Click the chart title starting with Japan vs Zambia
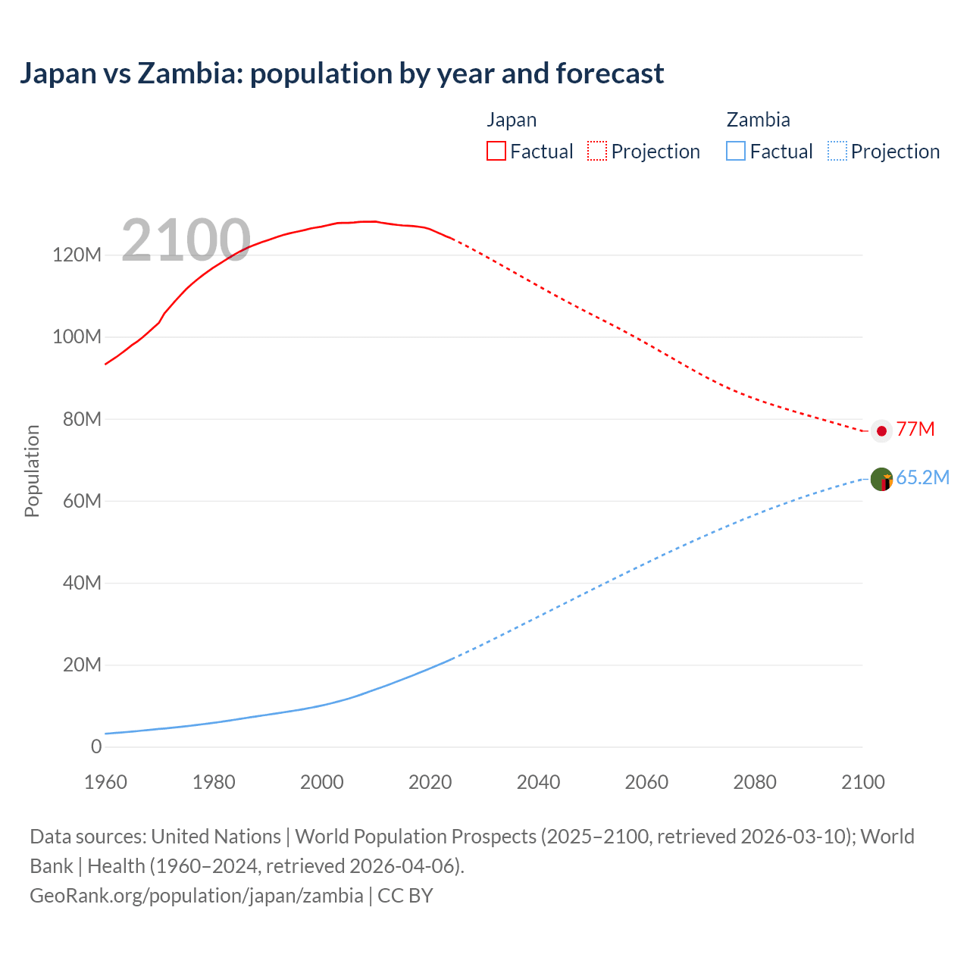click(x=342, y=74)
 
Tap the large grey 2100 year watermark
click(x=186, y=240)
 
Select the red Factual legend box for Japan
click(x=496, y=151)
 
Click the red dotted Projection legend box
click(x=597, y=151)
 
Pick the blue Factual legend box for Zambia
click(x=736, y=151)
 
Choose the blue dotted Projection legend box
click(x=837, y=151)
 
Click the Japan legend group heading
click(x=512, y=120)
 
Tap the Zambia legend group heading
click(x=758, y=120)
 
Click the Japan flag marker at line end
click(x=881, y=430)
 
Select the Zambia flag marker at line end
click(x=881, y=479)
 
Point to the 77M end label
click(x=915, y=430)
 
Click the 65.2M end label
click(x=922, y=478)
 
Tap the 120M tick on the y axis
click(x=77, y=255)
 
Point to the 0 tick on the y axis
click(x=96, y=746)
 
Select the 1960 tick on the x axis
click(x=105, y=782)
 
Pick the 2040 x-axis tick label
click(x=538, y=782)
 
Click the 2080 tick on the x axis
click(x=755, y=782)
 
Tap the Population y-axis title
click(x=32, y=471)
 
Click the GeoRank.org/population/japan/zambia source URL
click(x=196, y=896)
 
